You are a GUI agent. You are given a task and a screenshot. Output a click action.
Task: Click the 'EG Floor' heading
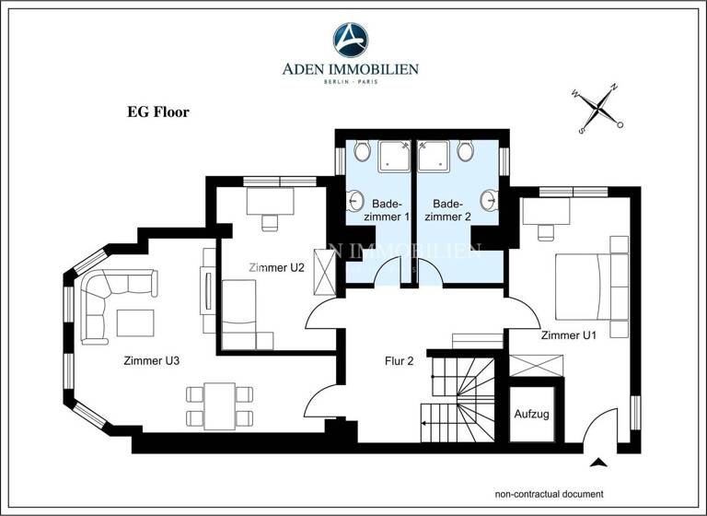[x=157, y=112]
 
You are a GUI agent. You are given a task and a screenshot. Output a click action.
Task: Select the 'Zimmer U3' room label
[x=151, y=360]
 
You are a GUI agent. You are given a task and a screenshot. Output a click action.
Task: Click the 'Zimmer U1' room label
[x=568, y=334]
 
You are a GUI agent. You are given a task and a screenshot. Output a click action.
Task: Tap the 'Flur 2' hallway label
[x=398, y=360]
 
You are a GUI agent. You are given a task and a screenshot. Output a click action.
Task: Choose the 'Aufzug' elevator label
[x=531, y=414]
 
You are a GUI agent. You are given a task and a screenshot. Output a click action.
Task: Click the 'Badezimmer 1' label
[x=390, y=210]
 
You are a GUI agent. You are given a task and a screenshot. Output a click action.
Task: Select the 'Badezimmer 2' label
[x=452, y=210]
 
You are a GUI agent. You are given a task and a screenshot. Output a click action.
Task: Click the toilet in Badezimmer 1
[x=362, y=149]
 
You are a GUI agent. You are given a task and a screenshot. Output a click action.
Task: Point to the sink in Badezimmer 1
[x=353, y=201]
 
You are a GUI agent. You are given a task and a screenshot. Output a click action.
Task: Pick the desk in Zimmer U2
[x=270, y=200]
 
